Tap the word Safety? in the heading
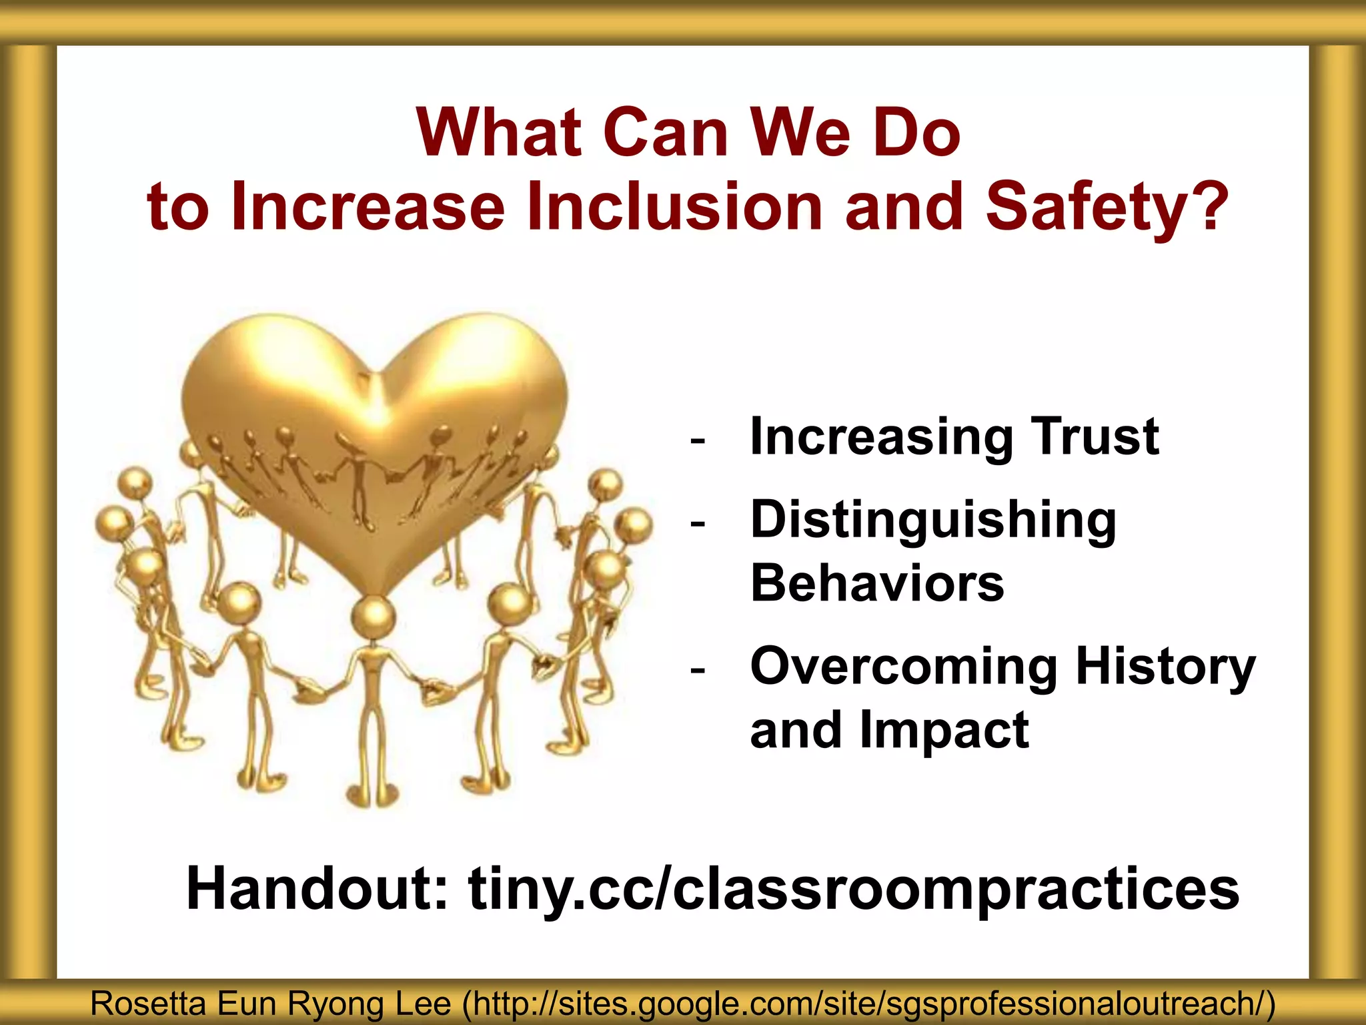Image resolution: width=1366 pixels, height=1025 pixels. (1107, 208)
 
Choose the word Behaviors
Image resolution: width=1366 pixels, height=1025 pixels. (877, 583)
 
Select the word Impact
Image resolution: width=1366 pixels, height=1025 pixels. (944, 730)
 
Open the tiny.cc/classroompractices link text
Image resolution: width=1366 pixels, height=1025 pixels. (854, 889)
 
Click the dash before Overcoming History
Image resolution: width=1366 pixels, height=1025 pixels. (698, 669)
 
